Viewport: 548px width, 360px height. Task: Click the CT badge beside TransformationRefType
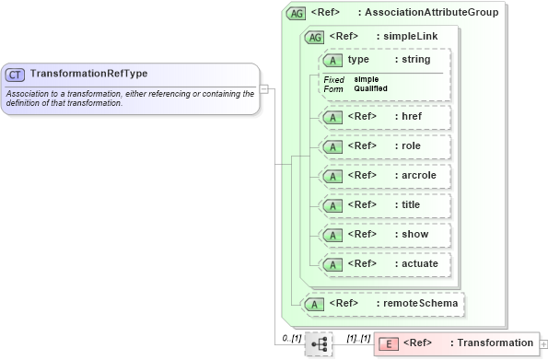click(x=16, y=74)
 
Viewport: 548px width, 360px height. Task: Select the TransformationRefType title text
click(x=88, y=74)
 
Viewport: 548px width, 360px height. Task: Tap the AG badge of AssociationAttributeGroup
click(x=297, y=13)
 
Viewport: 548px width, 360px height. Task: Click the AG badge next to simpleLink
click(x=314, y=37)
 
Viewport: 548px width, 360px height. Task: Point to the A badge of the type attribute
click(x=332, y=60)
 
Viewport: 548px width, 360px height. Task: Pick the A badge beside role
click(x=332, y=146)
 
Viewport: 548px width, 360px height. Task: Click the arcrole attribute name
click(x=420, y=175)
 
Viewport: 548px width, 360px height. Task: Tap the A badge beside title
click(x=332, y=205)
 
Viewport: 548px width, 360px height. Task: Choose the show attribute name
click(x=415, y=234)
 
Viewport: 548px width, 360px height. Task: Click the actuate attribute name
click(x=420, y=263)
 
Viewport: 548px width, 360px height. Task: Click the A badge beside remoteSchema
click(x=314, y=303)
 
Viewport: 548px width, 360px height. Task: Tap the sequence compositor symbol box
click(x=318, y=343)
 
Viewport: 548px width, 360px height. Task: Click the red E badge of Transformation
click(x=389, y=343)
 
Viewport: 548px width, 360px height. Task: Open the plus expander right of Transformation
click(x=543, y=343)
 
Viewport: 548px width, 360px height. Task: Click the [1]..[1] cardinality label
click(x=359, y=339)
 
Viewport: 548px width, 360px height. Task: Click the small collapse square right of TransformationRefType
click(x=263, y=89)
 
